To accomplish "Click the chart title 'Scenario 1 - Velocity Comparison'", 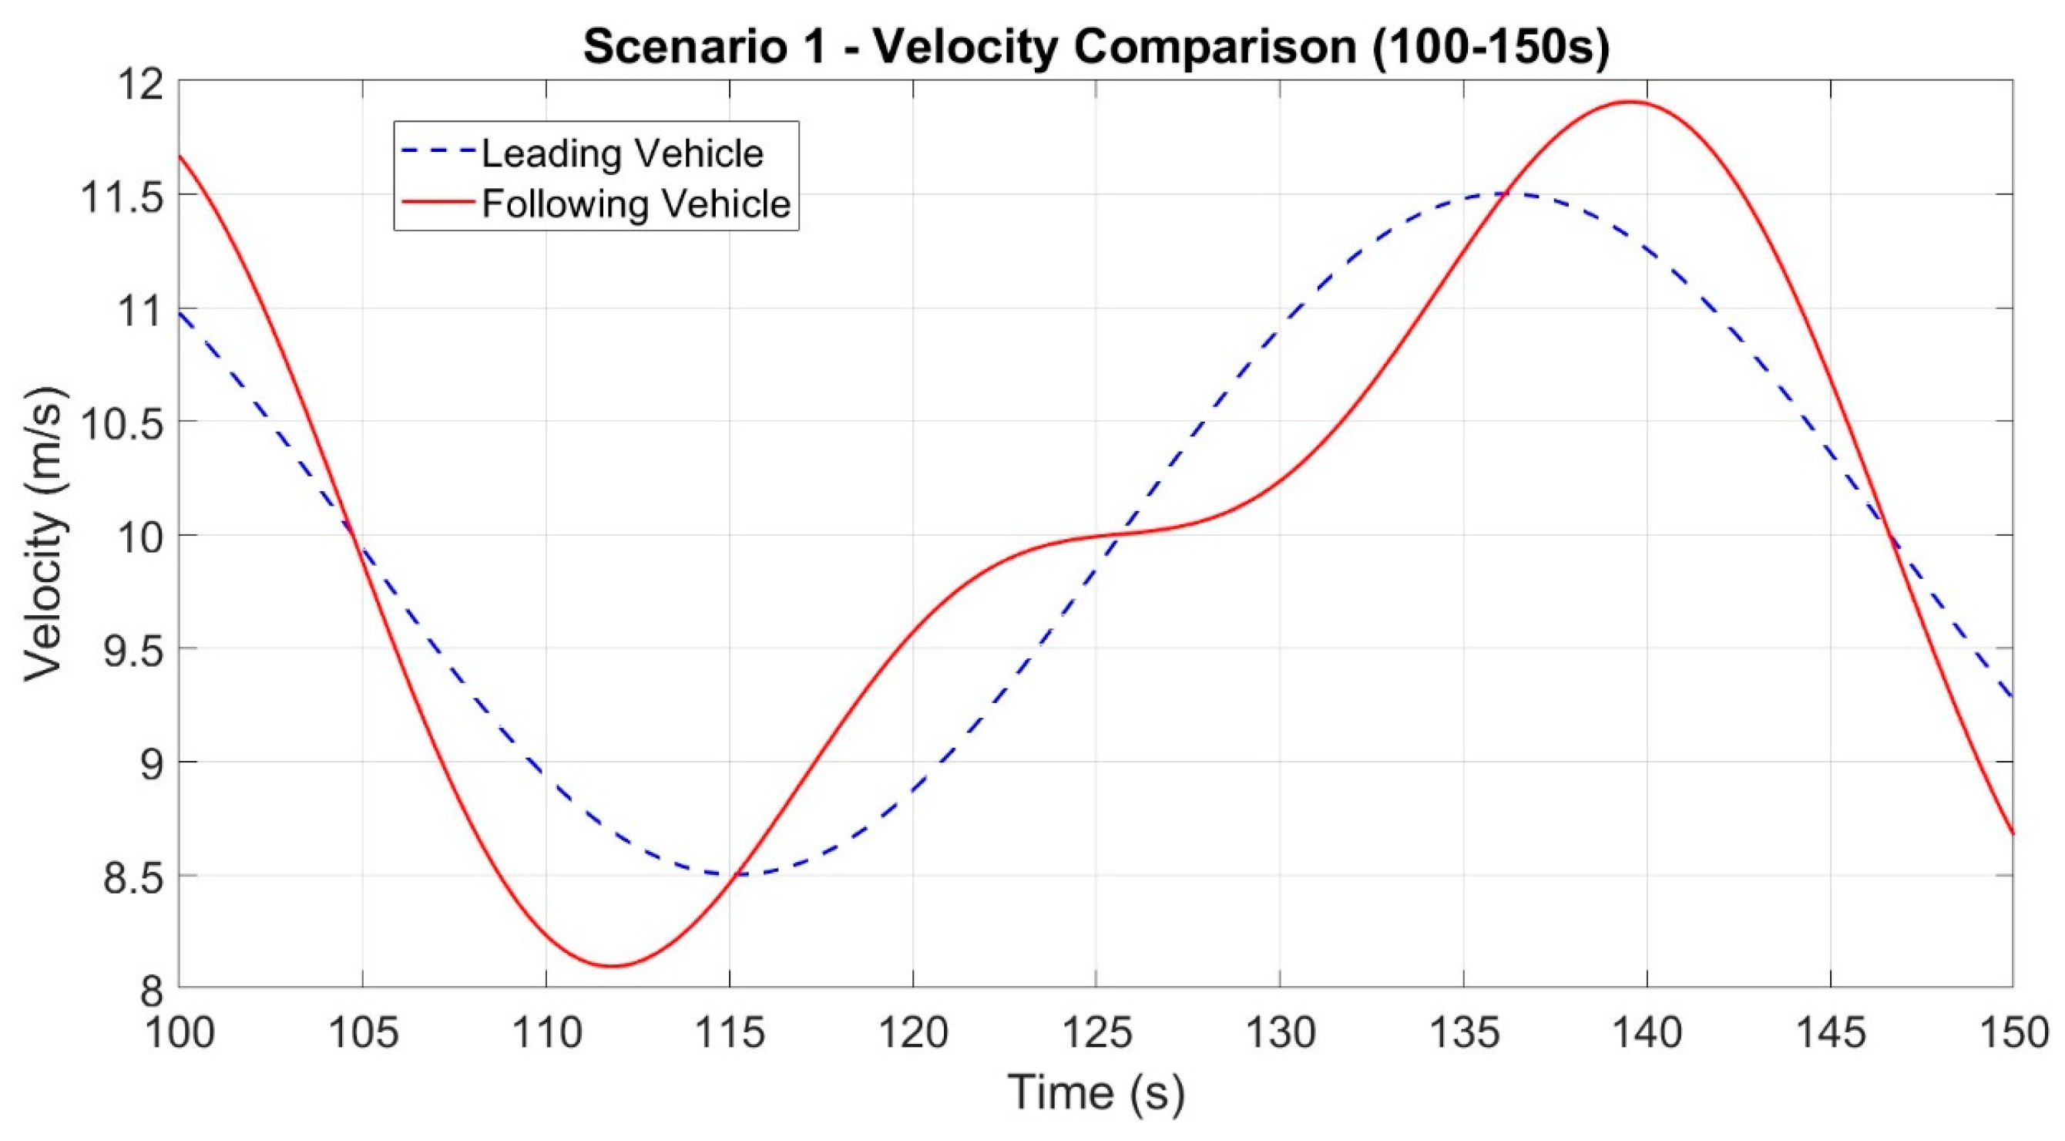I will coord(1095,46).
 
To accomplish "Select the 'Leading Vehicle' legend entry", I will coord(622,153).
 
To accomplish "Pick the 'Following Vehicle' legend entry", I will coord(636,204).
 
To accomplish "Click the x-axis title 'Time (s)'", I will coord(1095,1092).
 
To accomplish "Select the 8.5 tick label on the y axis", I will coord(133,877).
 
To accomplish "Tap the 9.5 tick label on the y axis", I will coord(133,649).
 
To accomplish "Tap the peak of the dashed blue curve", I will coord(1511,194).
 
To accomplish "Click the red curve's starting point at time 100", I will coord(180,156).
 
